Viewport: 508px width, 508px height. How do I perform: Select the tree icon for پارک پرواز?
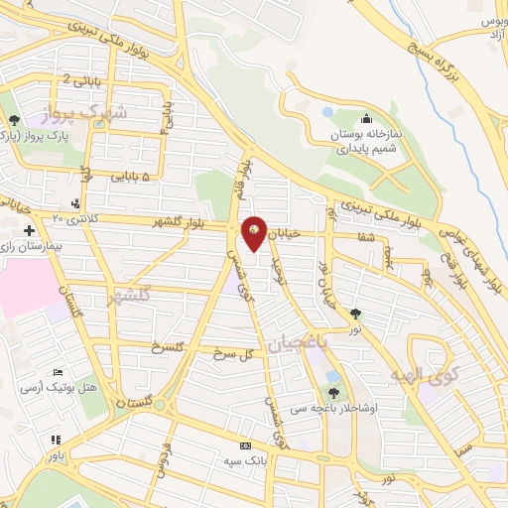tap(11, 120)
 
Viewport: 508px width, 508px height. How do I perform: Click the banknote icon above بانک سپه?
tap(245, 445)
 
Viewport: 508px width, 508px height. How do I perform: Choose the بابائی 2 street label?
tap(80, 78)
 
